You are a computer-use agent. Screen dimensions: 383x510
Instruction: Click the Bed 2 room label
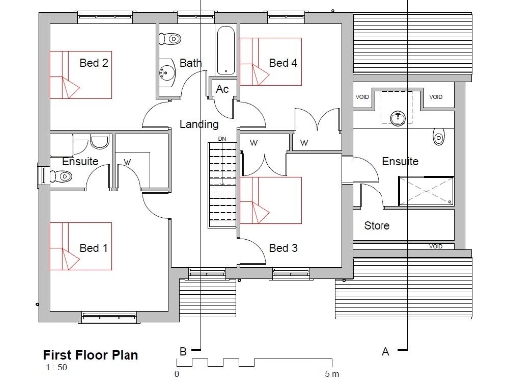[x=94, y=63]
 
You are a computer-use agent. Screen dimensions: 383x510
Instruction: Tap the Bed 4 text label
[x=283, y=63]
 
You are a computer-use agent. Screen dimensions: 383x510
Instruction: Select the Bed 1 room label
[x=94, y=248]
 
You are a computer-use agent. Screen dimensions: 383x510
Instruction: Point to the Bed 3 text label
[x=283, y=248]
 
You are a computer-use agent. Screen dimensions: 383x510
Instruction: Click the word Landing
[x=198, y=124]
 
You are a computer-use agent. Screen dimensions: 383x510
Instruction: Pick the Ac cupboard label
[x=222, y=90]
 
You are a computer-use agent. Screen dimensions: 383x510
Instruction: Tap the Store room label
[x=377, y=226]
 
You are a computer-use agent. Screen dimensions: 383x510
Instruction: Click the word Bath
[x=191, y=63]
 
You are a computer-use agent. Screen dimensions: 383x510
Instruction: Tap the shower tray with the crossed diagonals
[x=426, y=191]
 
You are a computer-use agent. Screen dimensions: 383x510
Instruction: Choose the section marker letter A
[x=384, y=350]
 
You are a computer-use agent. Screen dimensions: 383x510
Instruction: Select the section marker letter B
[x=182, y=350]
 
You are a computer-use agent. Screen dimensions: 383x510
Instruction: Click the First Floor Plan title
[x=90, y=354]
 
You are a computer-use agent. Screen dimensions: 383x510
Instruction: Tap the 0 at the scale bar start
[x=176, y=374]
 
